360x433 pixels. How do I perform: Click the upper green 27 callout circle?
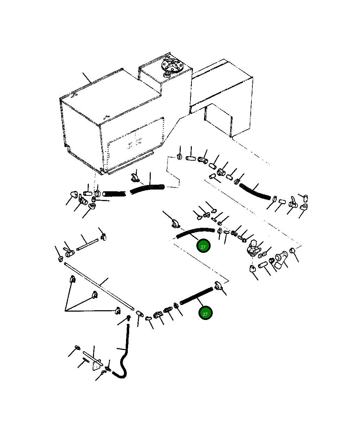(x=203, y=246)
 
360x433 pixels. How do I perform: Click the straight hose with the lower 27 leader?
(x=196, y=296)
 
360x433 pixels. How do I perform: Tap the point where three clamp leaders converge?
(x=65, y=311)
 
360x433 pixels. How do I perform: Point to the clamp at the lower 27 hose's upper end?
(x=218, y=286)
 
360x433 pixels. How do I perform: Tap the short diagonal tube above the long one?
(x=87, y=245)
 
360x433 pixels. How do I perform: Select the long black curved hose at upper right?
(x=255, y=192)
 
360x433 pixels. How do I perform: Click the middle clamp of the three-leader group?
(x=95, y=295)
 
